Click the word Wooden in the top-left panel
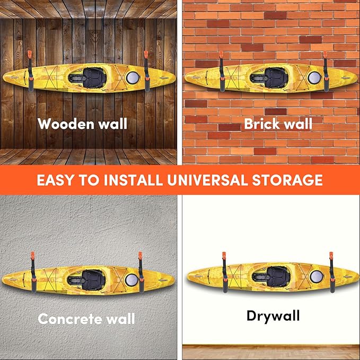tap(66, 124)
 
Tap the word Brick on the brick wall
tap(262, 124)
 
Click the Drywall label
tap(273, 316)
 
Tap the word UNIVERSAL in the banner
tap(207, 180)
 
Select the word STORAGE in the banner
tap(287, 180)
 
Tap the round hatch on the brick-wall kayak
tap(314, 77)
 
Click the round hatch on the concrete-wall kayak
tap(132, 279)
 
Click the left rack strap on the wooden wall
tap(30, 71)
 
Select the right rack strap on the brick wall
tap(326, 72)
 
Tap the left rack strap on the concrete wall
tap(33, 273)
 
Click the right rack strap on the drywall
tap(332, 273)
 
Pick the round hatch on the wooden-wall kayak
tap(133, 77)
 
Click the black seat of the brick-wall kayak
tap(276, 77)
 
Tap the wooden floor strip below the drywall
tap(271, 352)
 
